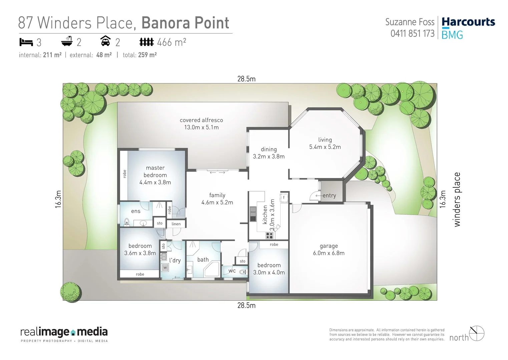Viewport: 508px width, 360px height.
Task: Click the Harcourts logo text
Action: tap(468, 22)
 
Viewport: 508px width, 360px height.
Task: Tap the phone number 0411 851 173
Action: tap(412, 34)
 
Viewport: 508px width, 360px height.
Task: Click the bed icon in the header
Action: tap(26, 42)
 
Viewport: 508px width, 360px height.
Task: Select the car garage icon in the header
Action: tap(105, 41)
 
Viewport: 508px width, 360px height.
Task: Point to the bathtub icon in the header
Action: tap(67, 41)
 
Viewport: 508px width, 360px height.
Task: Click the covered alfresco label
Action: tap(201, 120)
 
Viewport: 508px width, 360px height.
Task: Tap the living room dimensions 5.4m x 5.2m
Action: tap(325, 147)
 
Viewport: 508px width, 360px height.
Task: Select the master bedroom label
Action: tap(155, 171)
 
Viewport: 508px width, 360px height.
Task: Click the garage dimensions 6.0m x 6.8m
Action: tap(329, 253)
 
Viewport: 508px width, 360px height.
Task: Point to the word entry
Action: tap(329, 196)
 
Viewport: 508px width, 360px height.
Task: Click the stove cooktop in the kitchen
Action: tap(269, 235)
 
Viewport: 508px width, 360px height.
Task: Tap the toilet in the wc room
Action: tap(243, 272)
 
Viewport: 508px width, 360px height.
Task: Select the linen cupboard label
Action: tap(176, 224)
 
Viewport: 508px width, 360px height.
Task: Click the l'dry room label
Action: tap(175, 260)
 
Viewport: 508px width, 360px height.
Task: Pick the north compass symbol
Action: tap(477, 333)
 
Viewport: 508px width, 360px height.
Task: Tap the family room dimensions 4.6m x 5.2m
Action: tap(217, 202)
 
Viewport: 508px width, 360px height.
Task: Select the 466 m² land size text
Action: tap(171, 42)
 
